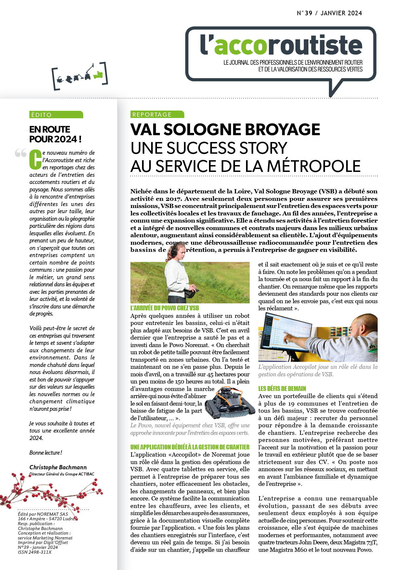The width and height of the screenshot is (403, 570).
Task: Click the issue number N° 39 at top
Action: [305, 13]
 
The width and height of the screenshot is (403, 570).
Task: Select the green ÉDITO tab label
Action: [56, 115]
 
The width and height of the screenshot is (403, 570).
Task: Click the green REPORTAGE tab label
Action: [157, 114]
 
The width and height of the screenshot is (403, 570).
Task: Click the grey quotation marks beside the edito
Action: [20, 153]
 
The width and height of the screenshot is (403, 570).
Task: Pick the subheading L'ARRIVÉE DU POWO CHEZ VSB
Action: [164, 308]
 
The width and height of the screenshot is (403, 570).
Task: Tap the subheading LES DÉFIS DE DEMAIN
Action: [282, 388]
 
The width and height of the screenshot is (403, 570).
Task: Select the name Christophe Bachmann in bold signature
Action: [58, 467]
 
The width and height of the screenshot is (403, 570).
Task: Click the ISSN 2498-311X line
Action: [35, 552]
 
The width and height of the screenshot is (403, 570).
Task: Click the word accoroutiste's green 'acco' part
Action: [241, 46]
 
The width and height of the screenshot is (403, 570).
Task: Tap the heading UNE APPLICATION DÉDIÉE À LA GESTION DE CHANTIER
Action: [190, 447]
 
